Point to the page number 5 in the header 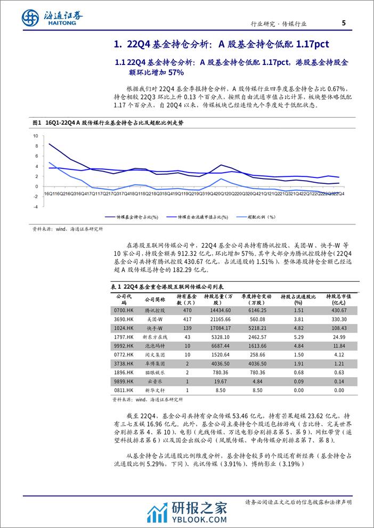pyautogui.click(x=344, y=22)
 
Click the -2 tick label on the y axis pyautogui.click(x=36, y=196)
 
